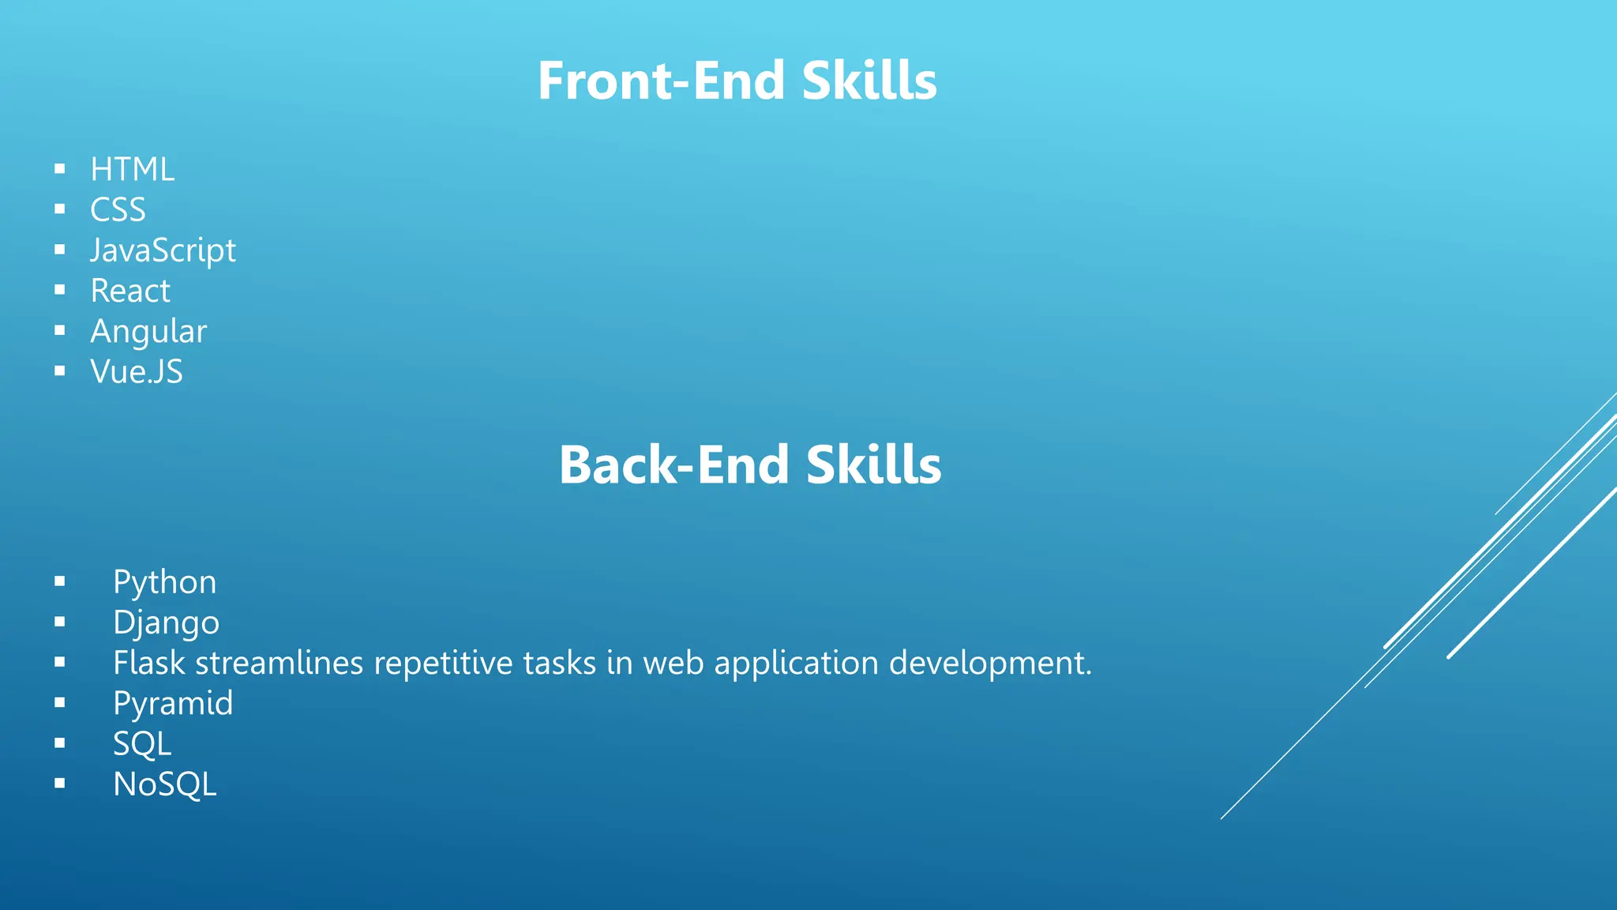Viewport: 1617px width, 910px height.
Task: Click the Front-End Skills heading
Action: [x=737, y=81]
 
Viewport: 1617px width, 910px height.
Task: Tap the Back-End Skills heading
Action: [x=749, y=464]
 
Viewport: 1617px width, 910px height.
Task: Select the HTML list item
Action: [x=132, y=170]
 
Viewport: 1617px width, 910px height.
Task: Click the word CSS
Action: [x=118, y=210]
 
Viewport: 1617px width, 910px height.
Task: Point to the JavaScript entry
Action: [x=163, y=251]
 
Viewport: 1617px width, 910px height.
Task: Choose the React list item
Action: [x=130, y=291]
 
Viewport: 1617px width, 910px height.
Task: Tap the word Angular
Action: [x=148, y=332]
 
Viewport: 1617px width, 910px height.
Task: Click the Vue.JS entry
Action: [x=137, y=372]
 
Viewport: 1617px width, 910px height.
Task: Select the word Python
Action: [x=164, y=583]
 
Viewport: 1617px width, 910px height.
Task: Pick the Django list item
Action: [x=166, y=623]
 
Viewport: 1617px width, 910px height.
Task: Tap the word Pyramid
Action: [x=173, y=704]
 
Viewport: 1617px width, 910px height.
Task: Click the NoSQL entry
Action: [x=164, y=784]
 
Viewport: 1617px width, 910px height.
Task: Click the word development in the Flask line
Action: [x=990, y=664]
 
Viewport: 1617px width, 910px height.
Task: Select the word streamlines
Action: [x=279, y=663]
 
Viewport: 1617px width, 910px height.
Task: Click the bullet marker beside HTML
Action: [x=59, y=168]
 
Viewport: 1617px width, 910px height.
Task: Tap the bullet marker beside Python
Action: [x=59, y=581]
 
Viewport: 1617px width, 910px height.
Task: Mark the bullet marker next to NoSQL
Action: [x=59, y=784]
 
